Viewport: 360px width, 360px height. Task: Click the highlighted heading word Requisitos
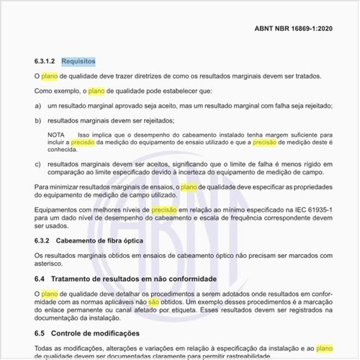[78, 61]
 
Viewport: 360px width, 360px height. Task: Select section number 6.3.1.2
[46, 61]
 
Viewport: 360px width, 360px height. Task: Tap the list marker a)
[37, 105]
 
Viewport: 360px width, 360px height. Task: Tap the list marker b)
[37, 120]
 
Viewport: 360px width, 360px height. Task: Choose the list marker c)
[37, 164]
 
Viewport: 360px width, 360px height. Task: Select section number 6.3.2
[43, 239]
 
